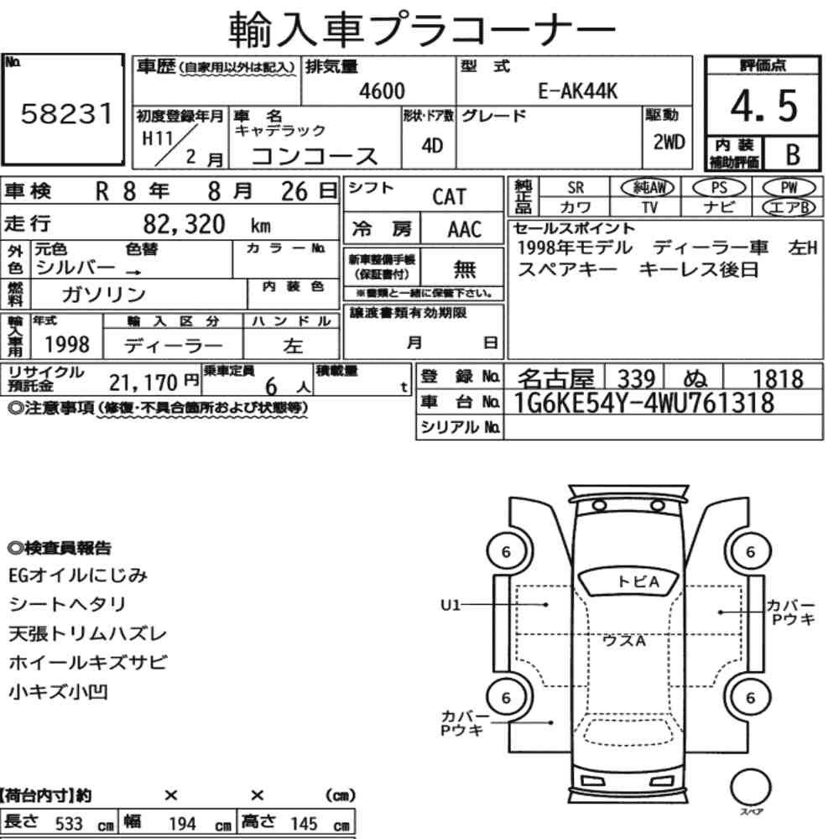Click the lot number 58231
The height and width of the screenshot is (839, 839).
[x=67, y=113]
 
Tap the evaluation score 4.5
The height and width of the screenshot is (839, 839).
[x=763, y=106]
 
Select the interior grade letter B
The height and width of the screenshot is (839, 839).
[x=793, y=154]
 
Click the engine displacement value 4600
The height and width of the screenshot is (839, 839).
[x=382, y=91]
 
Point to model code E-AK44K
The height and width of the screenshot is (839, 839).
[x=577, y=91]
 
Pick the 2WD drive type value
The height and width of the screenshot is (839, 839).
[x=669, y=142]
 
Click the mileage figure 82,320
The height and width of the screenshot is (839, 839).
[x=184, y=224]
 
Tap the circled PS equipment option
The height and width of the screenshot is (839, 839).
[x=719, y=187]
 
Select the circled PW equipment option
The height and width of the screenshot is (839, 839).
[x=789, y=187]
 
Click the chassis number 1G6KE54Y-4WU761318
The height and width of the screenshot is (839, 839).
[x=644, y=403]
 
